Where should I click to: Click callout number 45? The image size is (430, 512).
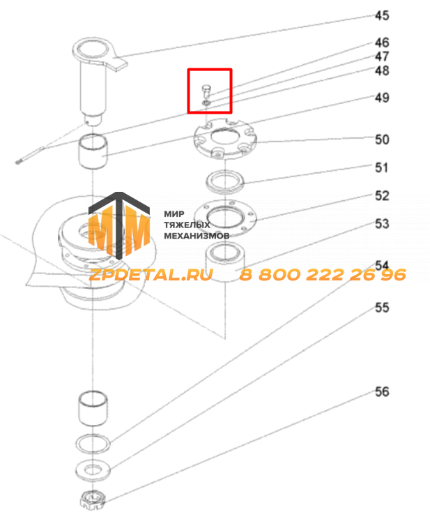[382, 15]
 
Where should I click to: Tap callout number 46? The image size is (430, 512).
[382, 43]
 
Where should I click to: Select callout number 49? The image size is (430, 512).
[382, 98]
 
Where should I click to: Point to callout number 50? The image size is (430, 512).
[382, 140]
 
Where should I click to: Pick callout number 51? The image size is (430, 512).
[382, 167]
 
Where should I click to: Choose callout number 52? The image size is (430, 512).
[382, 195]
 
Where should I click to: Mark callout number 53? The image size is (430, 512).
[382, 224]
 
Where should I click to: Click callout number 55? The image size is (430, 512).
[382, 308]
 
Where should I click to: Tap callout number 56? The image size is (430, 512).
[382, 391]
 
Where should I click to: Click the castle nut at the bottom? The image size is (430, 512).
[93, 499]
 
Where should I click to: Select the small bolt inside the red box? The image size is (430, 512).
[206, 91]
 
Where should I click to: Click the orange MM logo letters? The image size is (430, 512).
[118, 229]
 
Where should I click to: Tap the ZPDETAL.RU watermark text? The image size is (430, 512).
[151, 275]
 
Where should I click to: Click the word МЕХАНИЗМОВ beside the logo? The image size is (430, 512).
[197, 236]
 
